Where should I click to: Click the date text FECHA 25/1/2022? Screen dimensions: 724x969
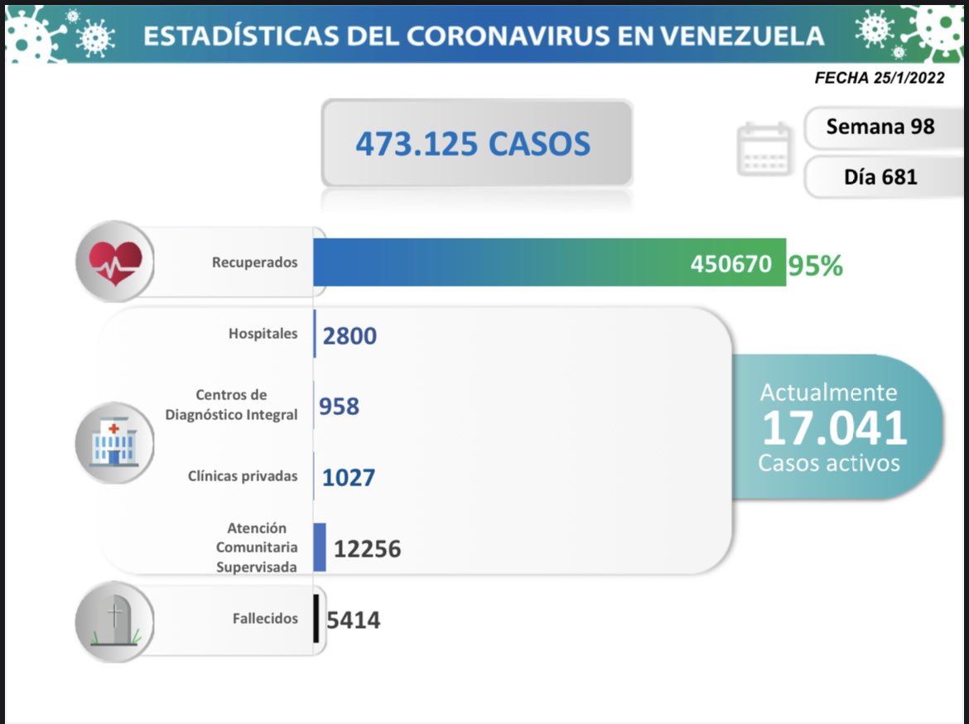coord(879,78)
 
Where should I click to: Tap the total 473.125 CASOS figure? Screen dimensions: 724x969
coord(473,143)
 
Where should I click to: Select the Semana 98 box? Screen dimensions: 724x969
coord(880,127)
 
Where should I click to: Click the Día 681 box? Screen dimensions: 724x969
coord(880,176)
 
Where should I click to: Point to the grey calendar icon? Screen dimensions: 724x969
coord(764,149)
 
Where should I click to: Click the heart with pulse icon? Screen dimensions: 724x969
coord(115,261)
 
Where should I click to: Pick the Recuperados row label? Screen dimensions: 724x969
coord(254,262)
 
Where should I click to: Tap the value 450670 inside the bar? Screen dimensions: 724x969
coord(731,264)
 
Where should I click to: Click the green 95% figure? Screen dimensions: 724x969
coord(815,265)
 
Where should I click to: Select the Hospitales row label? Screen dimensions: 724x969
coord(263,334)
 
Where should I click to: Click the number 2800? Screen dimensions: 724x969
coord(350,335)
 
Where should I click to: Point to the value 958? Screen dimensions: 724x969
coord(340,406)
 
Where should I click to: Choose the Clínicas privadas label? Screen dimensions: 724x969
coord(243,476)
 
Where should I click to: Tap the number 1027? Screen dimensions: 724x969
coord(349,477)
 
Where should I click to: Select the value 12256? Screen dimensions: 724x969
coord(367,548)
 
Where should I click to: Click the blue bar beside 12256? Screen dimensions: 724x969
coord(320,547)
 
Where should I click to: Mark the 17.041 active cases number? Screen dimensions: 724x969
coord(834,428)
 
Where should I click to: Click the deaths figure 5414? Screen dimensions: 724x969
coord(354,619)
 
